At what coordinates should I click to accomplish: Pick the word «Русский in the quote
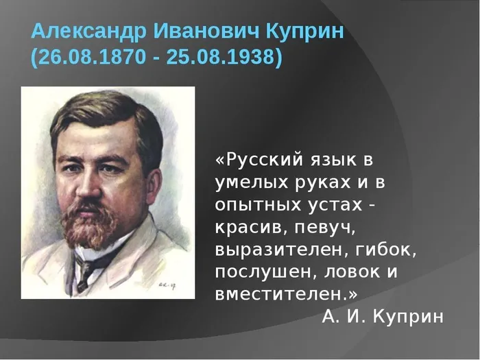click(250, 160)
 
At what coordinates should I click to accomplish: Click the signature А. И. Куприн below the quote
click(383, 316)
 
